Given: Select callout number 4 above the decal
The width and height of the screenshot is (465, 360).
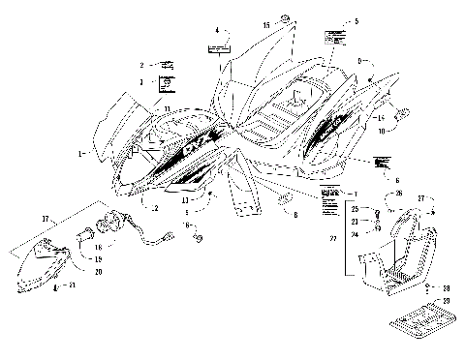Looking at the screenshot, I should coord(217,31).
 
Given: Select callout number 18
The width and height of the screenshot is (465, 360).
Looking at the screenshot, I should coord(97,247).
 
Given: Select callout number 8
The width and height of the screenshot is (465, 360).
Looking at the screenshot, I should coord(294,214).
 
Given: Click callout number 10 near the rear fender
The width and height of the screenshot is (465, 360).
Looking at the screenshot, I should coord(381,129).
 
